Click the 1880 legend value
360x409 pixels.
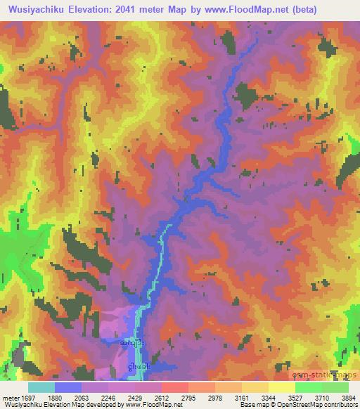click(56, 398)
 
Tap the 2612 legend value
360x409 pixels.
click(162, 398)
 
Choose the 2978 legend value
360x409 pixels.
click(214, 398)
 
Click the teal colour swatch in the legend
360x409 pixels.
click(41, 387)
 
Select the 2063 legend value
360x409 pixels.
click(82, 398)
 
